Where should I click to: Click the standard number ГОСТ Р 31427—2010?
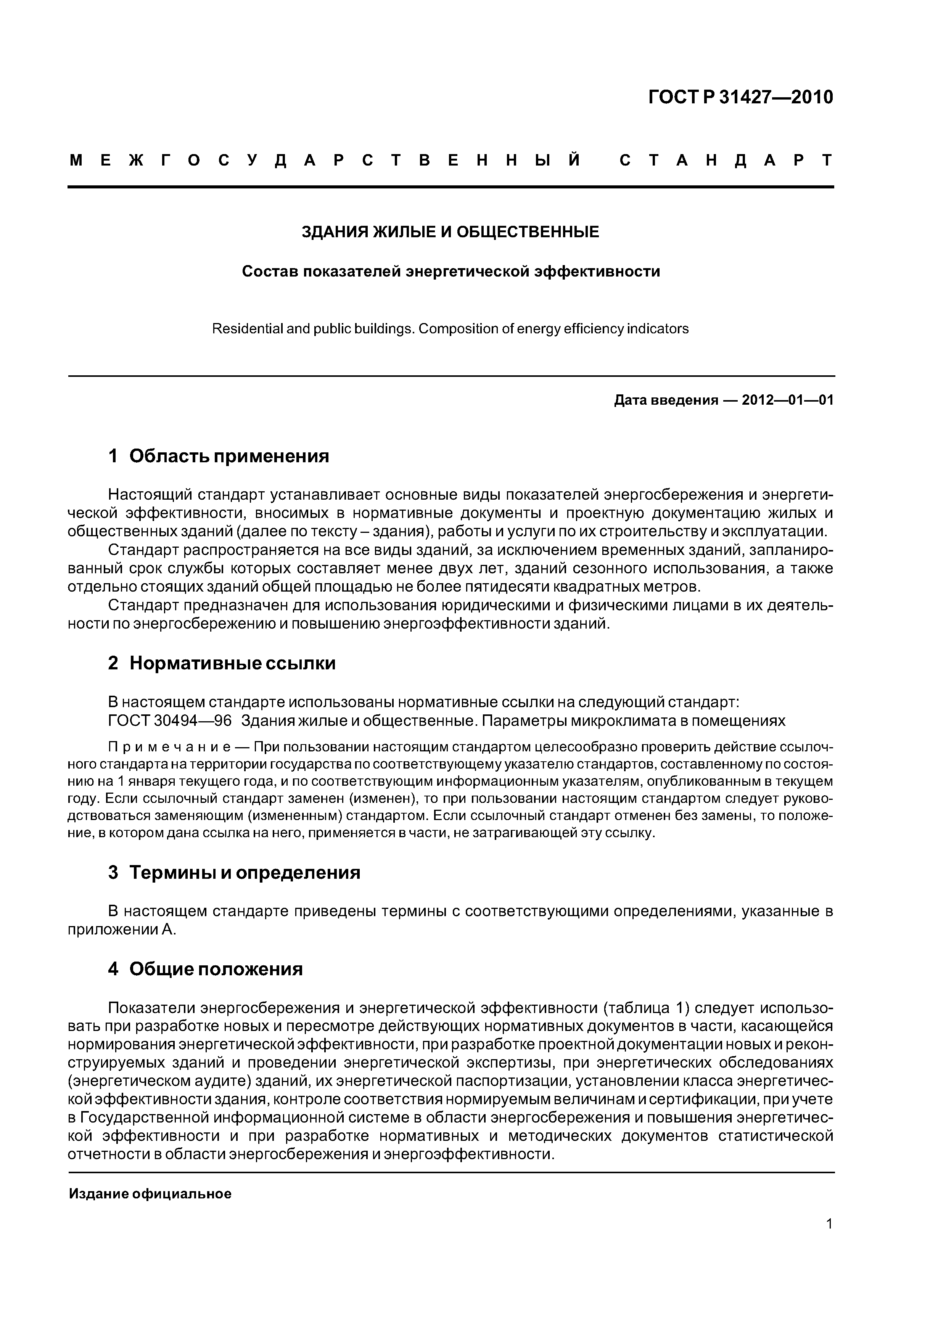click(740, 97)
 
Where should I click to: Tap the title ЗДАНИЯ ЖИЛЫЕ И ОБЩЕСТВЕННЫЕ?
click(450, 232)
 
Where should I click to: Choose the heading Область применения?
click(229, 456)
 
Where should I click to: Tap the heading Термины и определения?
click(245, 872)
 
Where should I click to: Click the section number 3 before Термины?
click(113, 872)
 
